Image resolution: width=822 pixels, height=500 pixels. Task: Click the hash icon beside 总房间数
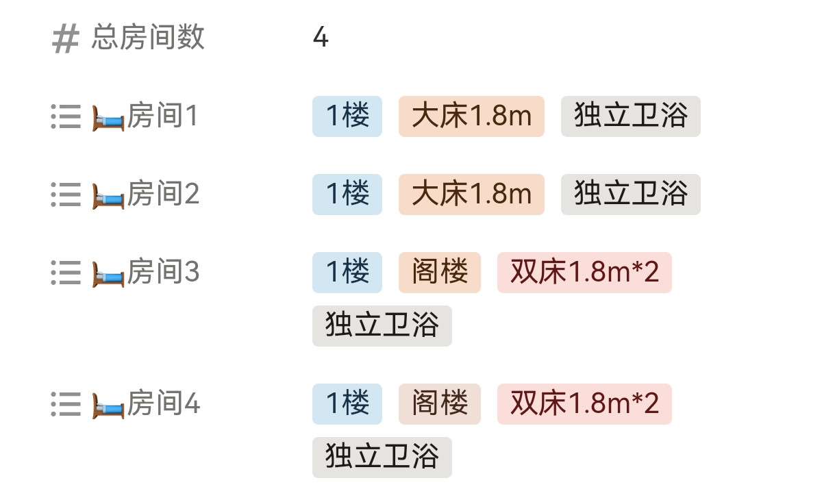click(66, 38)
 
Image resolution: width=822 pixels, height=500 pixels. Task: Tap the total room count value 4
click(321, 38)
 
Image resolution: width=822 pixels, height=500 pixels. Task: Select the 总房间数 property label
click(148, 38)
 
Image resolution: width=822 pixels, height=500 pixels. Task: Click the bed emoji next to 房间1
click(108, 118)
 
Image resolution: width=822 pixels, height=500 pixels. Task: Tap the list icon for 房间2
click(66, 195)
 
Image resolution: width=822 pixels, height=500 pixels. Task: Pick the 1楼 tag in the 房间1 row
click(347, 116)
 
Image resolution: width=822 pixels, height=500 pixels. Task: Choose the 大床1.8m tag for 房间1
click(471, 116)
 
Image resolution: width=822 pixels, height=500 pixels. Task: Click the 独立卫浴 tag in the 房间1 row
click(630, 116)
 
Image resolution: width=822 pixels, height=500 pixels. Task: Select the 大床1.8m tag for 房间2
click(471, 195)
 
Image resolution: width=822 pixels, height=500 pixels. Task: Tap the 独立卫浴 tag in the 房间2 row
click(630, 195)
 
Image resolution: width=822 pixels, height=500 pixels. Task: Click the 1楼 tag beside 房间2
click(347, 195)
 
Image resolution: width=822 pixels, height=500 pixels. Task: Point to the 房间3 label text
click(163, 273)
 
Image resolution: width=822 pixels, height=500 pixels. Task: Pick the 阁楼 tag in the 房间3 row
click(440, 273)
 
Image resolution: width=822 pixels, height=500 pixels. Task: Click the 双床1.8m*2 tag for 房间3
click(584, 273)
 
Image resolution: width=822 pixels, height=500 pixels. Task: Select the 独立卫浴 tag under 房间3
click(382, 326)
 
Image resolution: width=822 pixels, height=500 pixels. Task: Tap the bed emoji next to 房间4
click(108, 405)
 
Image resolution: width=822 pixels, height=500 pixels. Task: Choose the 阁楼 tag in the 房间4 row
click(440, 404)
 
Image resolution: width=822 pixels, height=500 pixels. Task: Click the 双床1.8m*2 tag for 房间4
click(584, 404)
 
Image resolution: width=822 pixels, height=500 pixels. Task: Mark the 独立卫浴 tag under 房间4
click(382, 458)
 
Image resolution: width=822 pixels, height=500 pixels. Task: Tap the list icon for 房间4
click(66, 404)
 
